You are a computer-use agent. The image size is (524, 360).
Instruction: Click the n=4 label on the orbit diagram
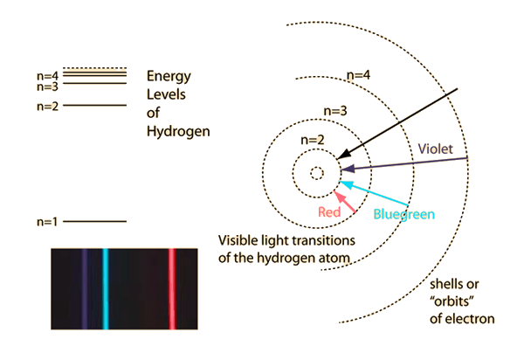click(x=356, y=77)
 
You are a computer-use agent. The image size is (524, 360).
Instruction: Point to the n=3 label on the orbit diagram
click(x=335, y=111)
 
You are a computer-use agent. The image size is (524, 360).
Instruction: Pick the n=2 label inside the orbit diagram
click(x=312, y=140)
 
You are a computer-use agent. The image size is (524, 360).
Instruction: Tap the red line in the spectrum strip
click(x=171, y=287)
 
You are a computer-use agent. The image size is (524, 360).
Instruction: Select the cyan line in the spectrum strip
click(x=105, y=287)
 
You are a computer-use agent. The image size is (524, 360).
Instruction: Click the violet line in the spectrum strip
click(x=84, y=287)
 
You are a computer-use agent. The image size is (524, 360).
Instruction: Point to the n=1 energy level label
click(x=47, y=222)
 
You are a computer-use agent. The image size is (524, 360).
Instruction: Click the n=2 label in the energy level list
click(x=47, y=106)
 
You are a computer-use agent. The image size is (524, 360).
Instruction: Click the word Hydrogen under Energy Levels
click(x=178, y=131)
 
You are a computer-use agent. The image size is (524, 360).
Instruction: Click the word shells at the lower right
click(x=451, y=285)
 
